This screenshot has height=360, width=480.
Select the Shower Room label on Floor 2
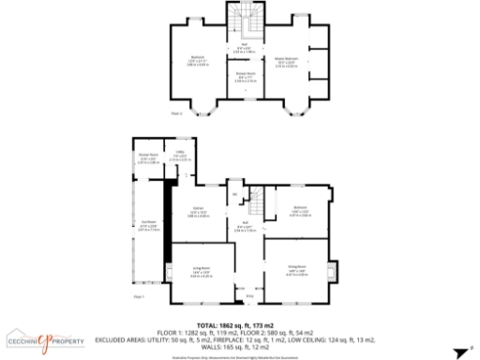point(246,74)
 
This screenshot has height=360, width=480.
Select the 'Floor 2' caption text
point(176,113)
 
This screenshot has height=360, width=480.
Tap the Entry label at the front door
point(249,297)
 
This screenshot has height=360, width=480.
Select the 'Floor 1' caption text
point(139,295)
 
